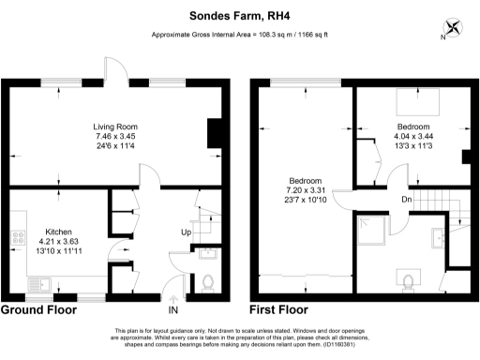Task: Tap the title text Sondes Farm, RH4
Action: click(x=239, y=15)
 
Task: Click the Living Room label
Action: click(x=115, y=127)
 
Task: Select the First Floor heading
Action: click(x=278, y=308)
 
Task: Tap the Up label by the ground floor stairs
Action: click(x=186, y=232)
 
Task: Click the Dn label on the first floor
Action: click(x=406, y=199)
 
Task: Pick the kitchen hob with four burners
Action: click(x=17, y=241)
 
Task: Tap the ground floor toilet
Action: click(x=209, y=280)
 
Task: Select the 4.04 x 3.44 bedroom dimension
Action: click(x=412, y=137)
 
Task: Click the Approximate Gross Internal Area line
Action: click(x=239, y=35)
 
